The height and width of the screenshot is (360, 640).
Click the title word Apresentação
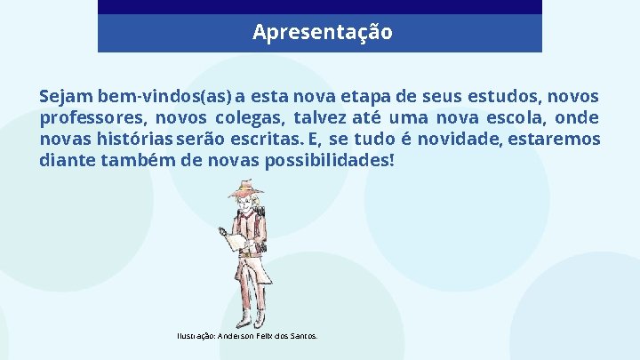tap(321, 33)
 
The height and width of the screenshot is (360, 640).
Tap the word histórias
tap(136, 140)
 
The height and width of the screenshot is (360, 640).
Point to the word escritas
tap(264, 140)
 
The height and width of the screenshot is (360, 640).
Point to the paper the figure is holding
tap(236, 240)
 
